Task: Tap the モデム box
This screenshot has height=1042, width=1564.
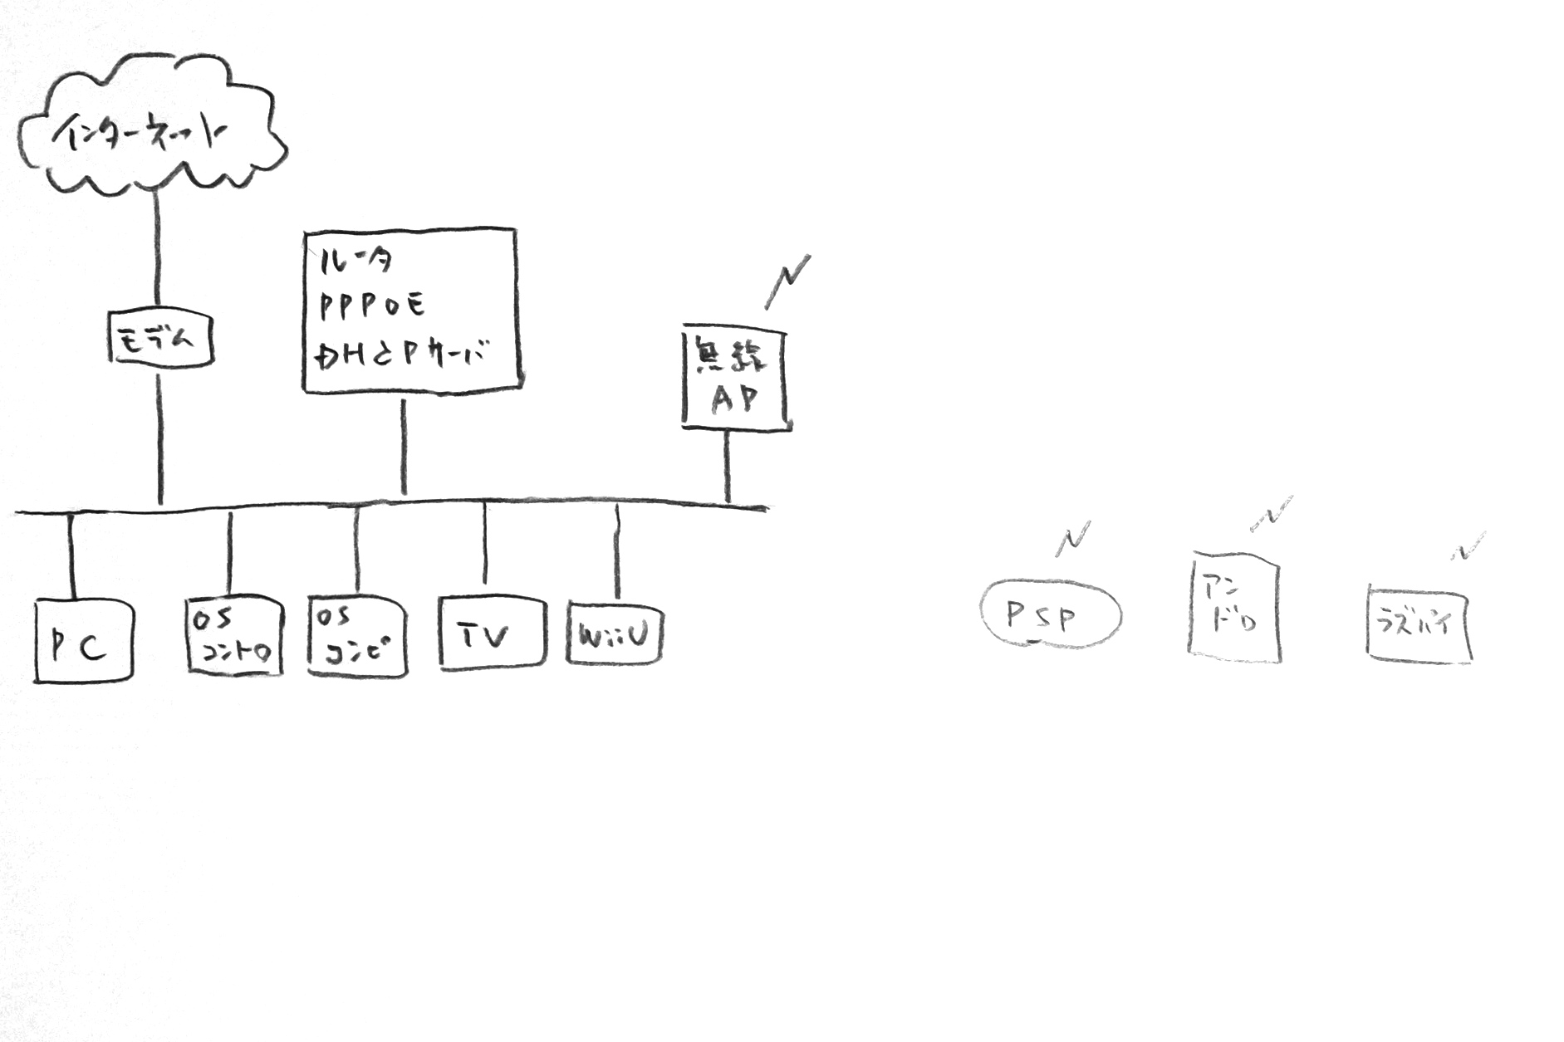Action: click(160, 338)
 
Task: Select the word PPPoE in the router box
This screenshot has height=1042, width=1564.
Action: click(372, 306)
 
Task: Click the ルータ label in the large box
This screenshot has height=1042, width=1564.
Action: click(355, 261)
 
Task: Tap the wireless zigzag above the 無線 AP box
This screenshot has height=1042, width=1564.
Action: click(787, 282)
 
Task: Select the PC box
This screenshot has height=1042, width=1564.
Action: click(83, 642)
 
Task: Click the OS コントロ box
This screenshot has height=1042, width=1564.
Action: click(234, 635)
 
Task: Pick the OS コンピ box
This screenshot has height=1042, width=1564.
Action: click(357, 636)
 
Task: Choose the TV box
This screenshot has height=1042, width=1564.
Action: click(492, 633)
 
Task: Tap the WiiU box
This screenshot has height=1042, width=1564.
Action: click(614, 634)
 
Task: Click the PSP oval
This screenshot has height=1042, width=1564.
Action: click(1050, 615)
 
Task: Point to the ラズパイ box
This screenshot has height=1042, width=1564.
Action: click(1418, 624)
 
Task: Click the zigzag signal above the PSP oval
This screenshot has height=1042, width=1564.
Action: click(1072, 539)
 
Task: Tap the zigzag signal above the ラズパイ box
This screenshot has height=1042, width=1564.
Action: click(1468, 547)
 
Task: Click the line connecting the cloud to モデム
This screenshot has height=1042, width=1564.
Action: click(156, 249)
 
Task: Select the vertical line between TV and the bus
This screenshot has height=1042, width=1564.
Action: click(485, 544)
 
